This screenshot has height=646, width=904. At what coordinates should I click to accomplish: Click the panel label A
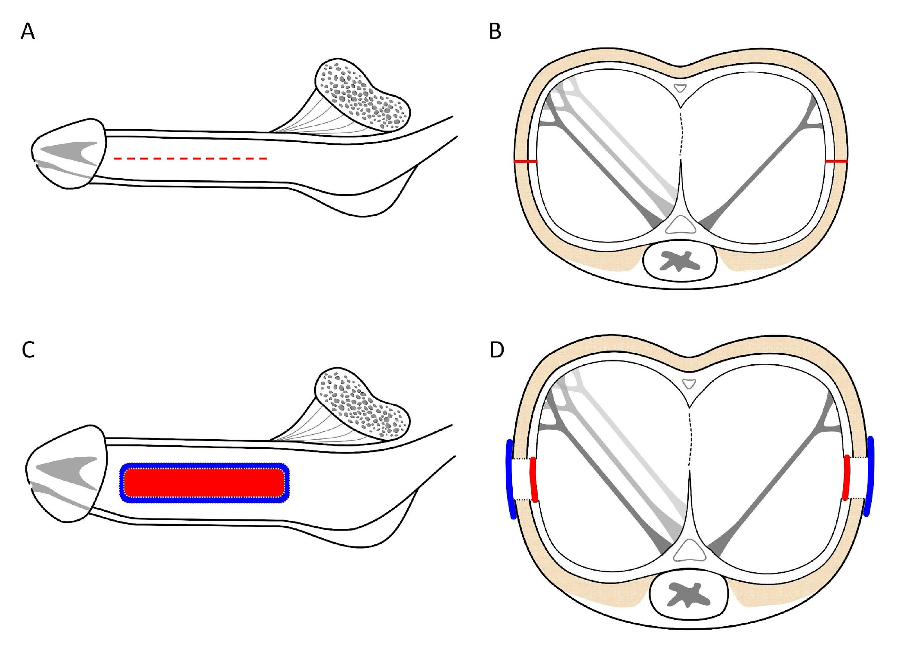28,32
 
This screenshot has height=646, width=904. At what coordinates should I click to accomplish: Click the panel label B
495,32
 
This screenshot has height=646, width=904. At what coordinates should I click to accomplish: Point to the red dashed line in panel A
190,159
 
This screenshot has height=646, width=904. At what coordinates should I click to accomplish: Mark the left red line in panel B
525,161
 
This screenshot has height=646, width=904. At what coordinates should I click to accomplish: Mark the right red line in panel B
836,161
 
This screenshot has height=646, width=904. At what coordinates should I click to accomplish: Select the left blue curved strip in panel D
511,479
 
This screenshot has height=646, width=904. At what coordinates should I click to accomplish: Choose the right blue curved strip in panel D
870,476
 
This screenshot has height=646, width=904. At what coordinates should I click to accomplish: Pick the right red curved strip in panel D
847,477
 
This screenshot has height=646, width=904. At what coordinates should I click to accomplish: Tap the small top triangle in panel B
680,88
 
